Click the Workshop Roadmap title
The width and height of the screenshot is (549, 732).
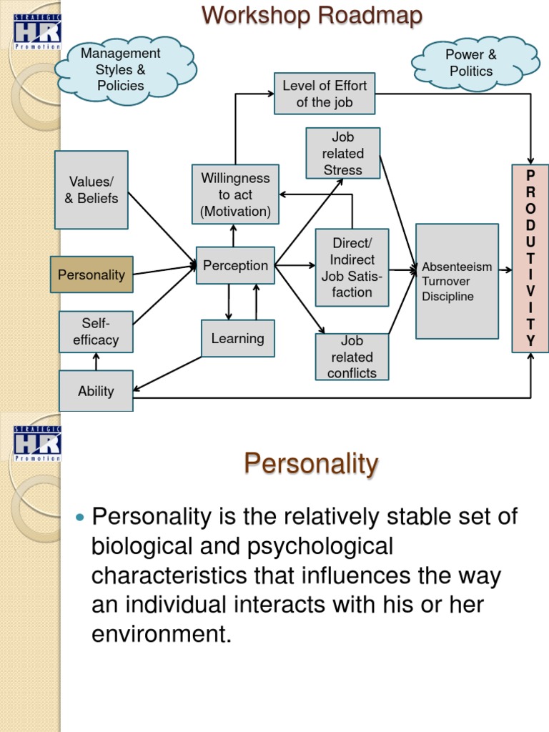(x=312, y=15)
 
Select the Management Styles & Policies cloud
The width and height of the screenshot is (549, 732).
(x=121, y=69)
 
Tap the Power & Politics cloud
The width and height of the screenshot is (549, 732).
(x=470, y=63)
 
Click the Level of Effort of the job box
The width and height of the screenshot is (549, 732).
(x=325, y=94)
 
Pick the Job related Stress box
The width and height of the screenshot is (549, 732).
(x=342, y=153)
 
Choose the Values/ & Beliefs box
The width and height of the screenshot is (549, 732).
(x=91, y=189)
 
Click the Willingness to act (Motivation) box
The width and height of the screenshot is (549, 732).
(x=235, y=194)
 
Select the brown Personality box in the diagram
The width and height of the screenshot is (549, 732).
(x=91, y=274)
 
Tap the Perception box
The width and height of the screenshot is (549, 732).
(x=235, y=265)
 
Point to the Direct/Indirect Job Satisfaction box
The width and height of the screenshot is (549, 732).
(x=352, y=267)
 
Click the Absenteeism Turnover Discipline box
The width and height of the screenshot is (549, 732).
(x=457, y=281)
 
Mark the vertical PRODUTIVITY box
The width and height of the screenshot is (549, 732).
(x=530, y=258)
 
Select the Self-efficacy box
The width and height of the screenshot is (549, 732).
(x=96, y=332)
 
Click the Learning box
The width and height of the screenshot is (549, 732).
(x=237, y=338)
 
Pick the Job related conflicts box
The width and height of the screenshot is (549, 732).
(x=352, y=357)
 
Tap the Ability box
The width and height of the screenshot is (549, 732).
(x=96, y=391)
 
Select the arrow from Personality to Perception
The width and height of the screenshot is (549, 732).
(x=164, y=269)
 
